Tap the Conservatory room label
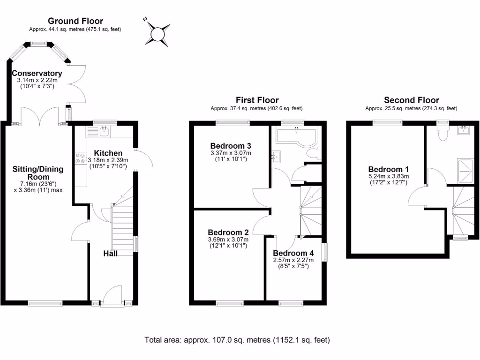pos(37,73)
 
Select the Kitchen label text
pos(108,153)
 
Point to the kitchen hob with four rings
pos(80,159)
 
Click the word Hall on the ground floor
pos(111,254)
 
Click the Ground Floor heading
pos(75,21)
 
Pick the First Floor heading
pos(257,100)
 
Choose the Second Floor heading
pos(411,100)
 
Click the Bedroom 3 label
pos(231,145)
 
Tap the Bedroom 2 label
pos(229,232)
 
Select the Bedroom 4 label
pos(293,253)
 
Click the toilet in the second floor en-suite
pos(442,134)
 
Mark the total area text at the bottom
pos(237,340)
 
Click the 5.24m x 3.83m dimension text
pos(388,176)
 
